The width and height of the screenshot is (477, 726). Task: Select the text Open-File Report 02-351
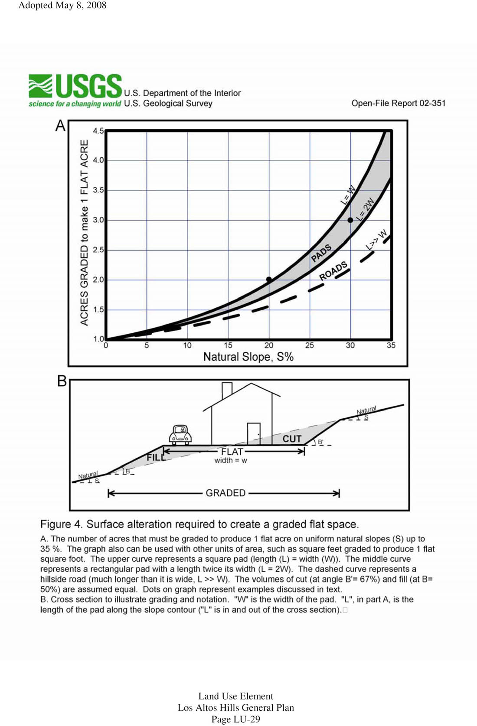[x=398, y=103]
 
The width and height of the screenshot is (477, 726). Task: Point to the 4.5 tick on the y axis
[x=98, y=130]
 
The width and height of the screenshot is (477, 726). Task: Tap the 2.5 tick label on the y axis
[x=98, y=250]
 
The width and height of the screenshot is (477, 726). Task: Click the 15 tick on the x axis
[x=228, y=345]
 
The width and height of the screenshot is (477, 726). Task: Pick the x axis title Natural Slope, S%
[x=248, y=357]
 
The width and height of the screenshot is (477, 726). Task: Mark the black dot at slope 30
[x=350, y=220]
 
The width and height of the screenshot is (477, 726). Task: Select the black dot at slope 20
[x=269, y=280]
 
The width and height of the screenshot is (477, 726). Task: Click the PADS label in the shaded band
[x=321, y=253]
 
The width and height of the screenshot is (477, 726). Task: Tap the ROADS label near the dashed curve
[x=333, y=271]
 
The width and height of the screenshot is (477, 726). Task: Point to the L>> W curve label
[x=376, y=240]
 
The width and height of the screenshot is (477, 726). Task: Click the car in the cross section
[x=180, y=435]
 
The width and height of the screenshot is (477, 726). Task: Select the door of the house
[x=254, y=433]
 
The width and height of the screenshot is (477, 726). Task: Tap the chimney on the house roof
[x=227, y=390]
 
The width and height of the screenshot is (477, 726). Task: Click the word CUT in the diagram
[x=292, y=439]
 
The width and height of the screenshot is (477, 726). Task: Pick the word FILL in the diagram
[x=156, y=457]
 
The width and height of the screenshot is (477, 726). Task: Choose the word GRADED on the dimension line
[x=225, y=493]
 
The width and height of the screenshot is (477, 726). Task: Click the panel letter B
[x=62, y=381]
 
